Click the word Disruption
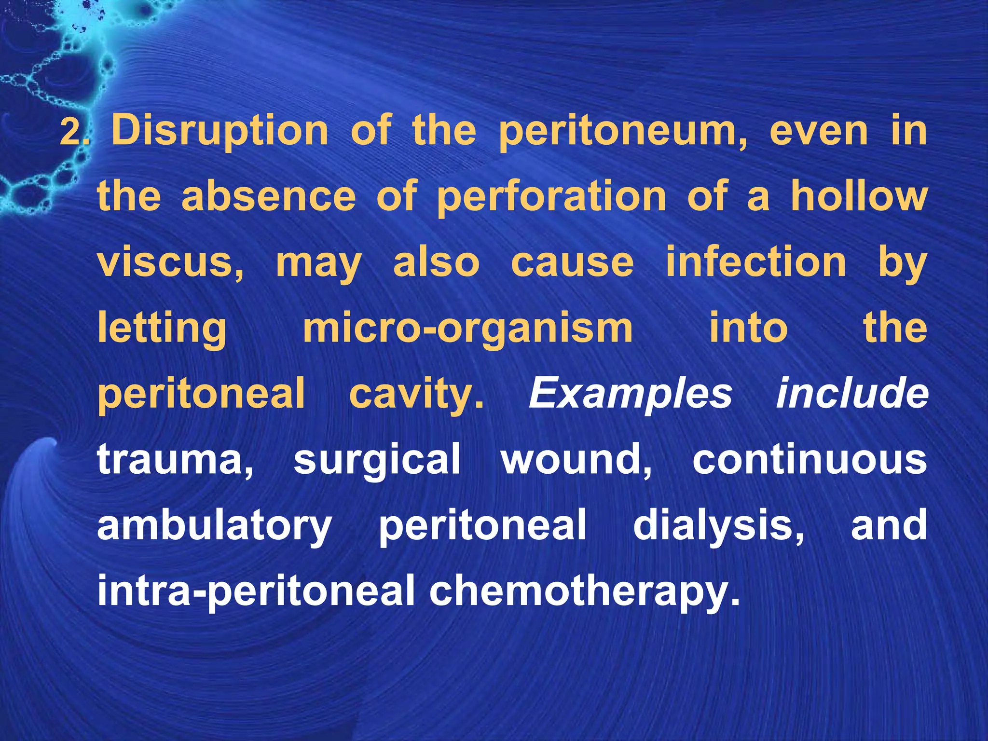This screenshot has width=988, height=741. [x=220, y=131]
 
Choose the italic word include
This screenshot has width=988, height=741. [x=852, y=394]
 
